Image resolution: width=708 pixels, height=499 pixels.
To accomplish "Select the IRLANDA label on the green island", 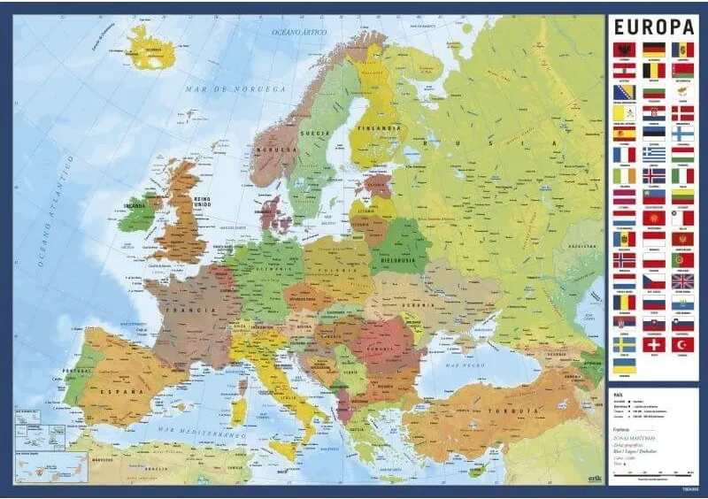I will click(135, 209).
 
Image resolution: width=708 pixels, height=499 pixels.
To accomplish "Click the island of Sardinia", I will click(239, 411).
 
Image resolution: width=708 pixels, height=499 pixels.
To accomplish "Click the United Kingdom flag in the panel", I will click(682, 280).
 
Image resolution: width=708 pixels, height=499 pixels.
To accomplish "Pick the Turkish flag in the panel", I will click(682, 344).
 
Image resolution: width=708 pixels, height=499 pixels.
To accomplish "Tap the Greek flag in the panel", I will click(653, 154).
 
